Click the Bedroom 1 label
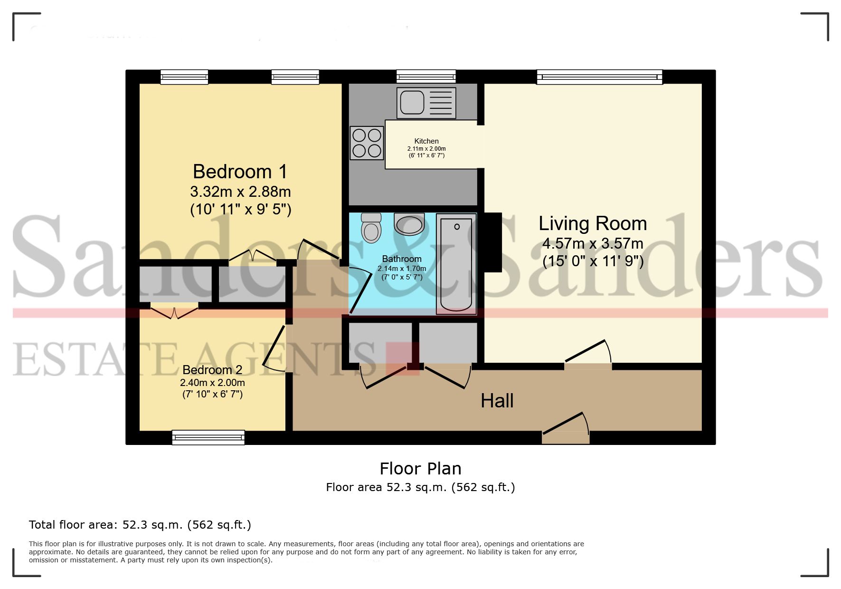point(240,172)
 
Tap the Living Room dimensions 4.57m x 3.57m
point(593,244)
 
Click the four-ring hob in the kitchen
point(367,143)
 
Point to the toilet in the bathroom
point(371,228)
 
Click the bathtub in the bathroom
point(456,264)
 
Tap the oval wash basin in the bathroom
point(409,224)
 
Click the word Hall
point(497,401)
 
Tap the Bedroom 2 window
point(208,437)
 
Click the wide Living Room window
point(599,77)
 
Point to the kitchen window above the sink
point(425,77)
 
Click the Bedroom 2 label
point(212,370)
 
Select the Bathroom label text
point(402,259)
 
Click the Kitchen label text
point(426,141)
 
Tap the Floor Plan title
point(420,469)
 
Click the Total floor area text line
point(140,525)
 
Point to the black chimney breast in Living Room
point(492,242)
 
